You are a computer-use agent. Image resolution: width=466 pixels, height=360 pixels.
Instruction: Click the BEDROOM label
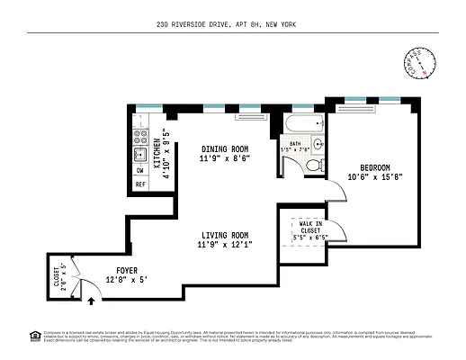pyautogui.click(x=375, y=167)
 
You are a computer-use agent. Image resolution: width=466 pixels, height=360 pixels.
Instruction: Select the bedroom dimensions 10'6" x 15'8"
pyautogui.click(x=375, y=177)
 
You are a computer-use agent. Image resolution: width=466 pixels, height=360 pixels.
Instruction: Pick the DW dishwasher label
pyautogui.click(x=139, y=170)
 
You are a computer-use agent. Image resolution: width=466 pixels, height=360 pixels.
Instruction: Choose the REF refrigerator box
pyautogui.click(x=140, y=184)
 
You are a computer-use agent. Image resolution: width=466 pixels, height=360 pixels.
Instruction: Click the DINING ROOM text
pyautogui.click(x=224, y=148)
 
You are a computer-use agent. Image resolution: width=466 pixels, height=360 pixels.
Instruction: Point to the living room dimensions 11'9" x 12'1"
pyautogui.click(x=224, y=244)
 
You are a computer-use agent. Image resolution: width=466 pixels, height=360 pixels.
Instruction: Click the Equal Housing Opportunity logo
pyautogui.click(x=35, y=337)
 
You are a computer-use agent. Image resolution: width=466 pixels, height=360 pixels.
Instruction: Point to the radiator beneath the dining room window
pyautogui.click(x=248, y=115)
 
